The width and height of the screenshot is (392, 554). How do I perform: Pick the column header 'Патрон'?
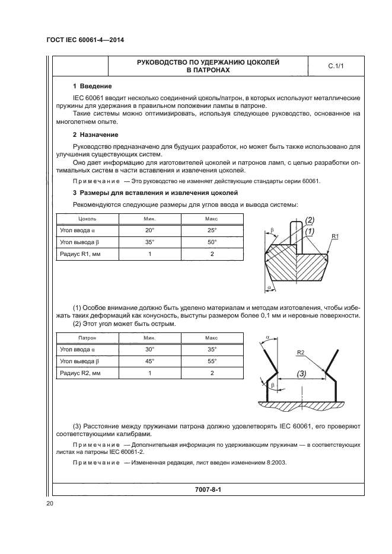pos(79,337)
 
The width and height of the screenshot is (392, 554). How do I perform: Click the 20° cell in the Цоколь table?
pos(149,230)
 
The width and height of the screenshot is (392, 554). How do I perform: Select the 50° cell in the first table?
pos(211,242)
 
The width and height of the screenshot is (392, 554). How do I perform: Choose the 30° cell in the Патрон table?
pos(149,349)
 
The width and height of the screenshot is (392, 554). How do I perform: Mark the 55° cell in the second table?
pos(211,361)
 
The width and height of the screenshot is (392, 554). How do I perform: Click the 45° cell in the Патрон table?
pos(149,361)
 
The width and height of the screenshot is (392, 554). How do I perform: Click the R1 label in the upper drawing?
pos(335,237)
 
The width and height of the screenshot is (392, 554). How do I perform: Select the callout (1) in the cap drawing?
pos(309,230)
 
